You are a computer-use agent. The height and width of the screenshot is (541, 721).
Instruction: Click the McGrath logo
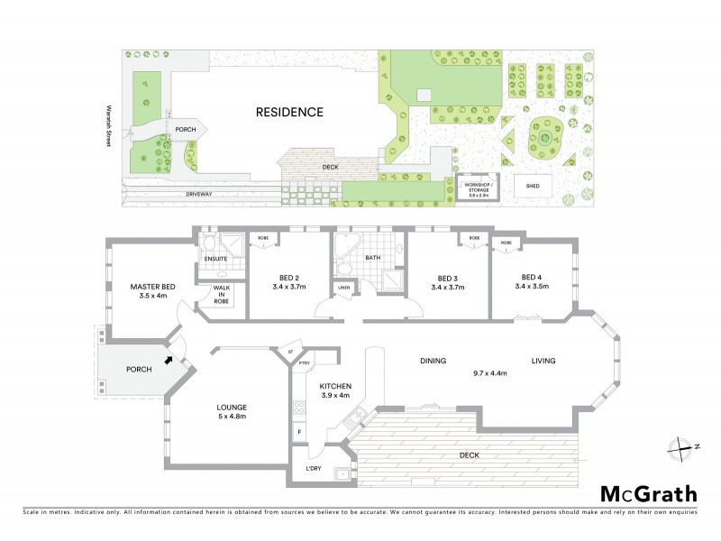point(649,493)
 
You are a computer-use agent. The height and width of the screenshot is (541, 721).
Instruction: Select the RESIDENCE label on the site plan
point(288,113)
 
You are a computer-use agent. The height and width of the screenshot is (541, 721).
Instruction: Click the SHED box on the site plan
point(533,187)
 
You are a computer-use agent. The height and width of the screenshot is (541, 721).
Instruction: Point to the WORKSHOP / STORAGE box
point(478,188)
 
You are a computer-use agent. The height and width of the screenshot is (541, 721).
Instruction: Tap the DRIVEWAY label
point(199,193)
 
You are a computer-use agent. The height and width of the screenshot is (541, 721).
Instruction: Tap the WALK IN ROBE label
point(222,294)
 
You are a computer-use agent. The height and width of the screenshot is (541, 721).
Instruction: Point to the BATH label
point(373,258)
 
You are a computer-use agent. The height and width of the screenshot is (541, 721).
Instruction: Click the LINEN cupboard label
point(343,288)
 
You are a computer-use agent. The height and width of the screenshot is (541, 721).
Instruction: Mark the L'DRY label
point(314,471)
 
